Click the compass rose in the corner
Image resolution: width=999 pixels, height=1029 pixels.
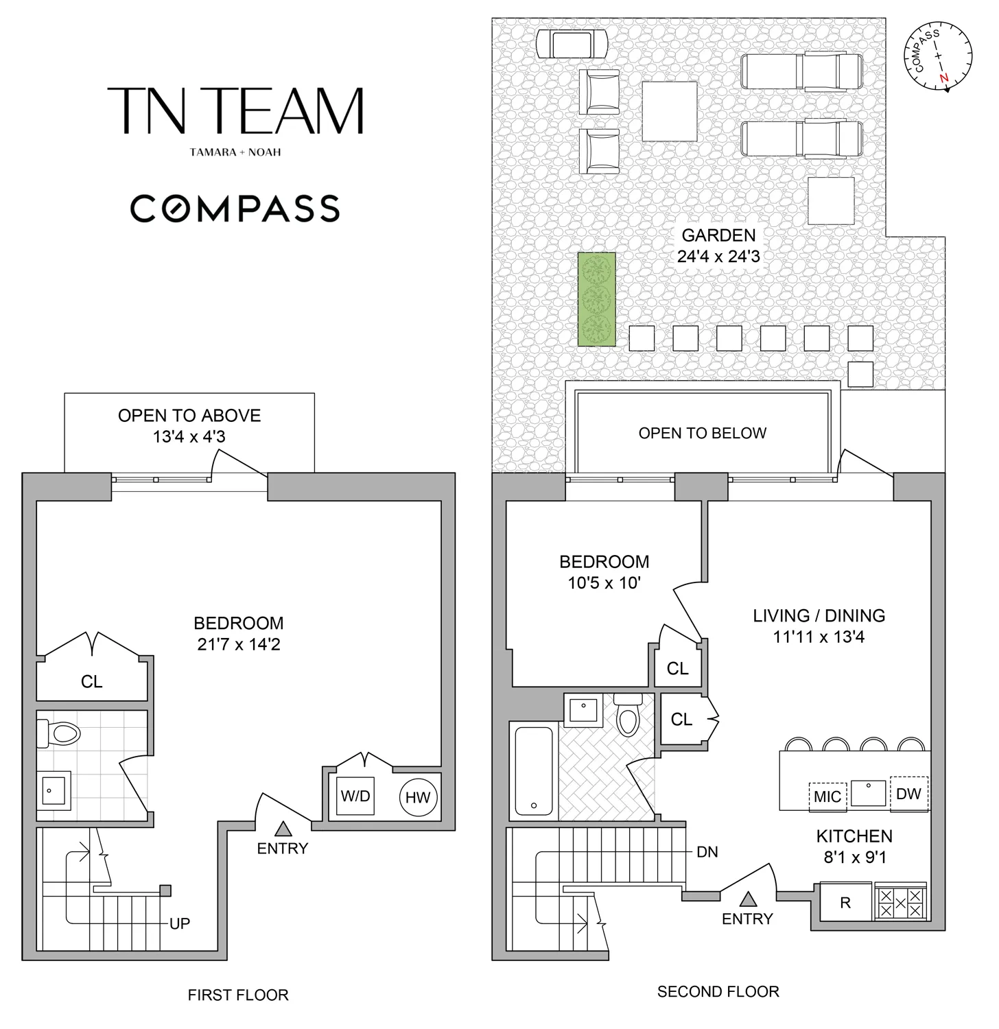click(938, 56)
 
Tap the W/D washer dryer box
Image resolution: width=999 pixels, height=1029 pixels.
click(355, 796)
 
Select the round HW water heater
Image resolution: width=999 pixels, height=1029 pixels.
click(418, 797)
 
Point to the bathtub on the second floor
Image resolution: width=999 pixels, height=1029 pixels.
click(534, 771)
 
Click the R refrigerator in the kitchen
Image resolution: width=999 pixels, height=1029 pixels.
click(845, 903)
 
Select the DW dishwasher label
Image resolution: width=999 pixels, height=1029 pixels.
click(908, 794)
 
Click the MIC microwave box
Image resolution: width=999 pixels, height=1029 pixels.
click(827, 796)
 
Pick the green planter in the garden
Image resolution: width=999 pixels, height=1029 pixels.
click(596, 299)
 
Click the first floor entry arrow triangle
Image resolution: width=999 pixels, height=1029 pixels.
click(283, 829)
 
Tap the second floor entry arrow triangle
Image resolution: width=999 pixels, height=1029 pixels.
click(748, 899)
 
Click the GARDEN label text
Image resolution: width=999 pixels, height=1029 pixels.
click(718, 235)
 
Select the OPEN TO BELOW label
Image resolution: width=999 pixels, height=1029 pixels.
click(703, 433)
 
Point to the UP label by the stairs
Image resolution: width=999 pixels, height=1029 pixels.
click(180, 923)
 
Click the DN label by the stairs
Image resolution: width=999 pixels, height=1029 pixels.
click(707, 852)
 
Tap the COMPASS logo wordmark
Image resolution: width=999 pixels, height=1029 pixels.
click(235, 209)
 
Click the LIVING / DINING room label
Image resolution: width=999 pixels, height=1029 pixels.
click(819, 615)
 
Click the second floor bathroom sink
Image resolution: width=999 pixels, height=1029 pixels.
click(583, 710)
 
